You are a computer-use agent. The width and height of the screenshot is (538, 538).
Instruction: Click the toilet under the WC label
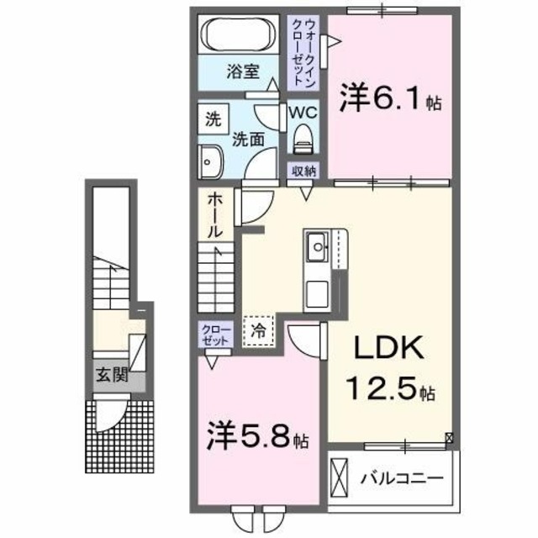point(303,138)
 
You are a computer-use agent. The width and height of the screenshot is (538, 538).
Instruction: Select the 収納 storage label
point(303,170)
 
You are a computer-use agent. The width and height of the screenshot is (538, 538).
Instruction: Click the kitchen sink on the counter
point(318,246)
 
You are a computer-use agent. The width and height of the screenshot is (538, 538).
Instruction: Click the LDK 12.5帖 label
point(390,368)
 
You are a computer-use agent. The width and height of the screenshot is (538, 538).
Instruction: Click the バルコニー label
point(402,479)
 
